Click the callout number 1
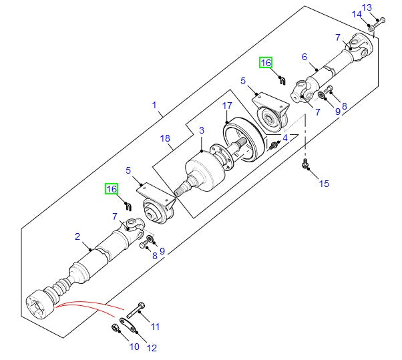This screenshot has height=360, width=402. coord(154,105)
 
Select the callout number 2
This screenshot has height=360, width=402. coord(77,236)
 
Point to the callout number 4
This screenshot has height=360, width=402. coord(285,138)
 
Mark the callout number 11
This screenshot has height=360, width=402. coord(156,327)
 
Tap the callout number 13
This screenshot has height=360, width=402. coord(366,7)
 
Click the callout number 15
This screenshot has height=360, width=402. coord(324,183)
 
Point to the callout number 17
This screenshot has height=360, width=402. coord(227,106)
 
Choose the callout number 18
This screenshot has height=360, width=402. coord(166,138)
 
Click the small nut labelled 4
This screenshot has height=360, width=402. coord(274,145)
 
